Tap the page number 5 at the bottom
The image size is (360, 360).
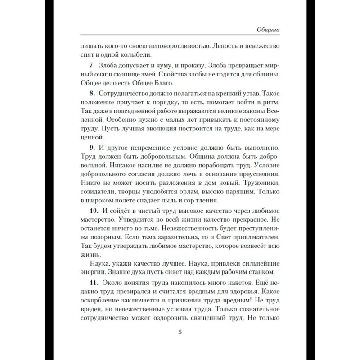tap(180, 332)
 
